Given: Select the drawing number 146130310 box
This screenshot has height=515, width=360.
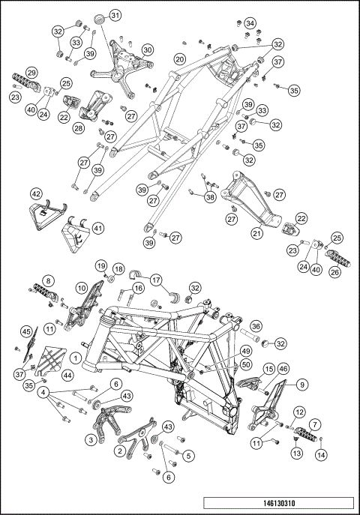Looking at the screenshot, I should [x=278, y=505].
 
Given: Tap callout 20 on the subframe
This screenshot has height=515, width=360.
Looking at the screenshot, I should [x=179, y=59].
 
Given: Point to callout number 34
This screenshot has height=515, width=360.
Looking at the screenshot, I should [x=250, y=22].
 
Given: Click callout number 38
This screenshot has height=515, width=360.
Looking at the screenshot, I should [x=208, y=197].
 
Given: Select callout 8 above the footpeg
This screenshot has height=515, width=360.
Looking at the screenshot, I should [x=47, y=279].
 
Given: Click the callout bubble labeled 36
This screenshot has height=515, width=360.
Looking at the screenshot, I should [x=256, y=326].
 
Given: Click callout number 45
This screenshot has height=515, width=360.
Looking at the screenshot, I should [x=25, y=332].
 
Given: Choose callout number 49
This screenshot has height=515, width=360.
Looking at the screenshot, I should [x=224, y=350].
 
